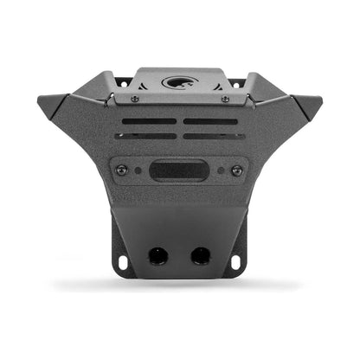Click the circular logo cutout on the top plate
(x=179, y=84)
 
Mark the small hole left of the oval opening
(x=139, y=170)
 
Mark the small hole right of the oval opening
(x=220, y=170)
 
